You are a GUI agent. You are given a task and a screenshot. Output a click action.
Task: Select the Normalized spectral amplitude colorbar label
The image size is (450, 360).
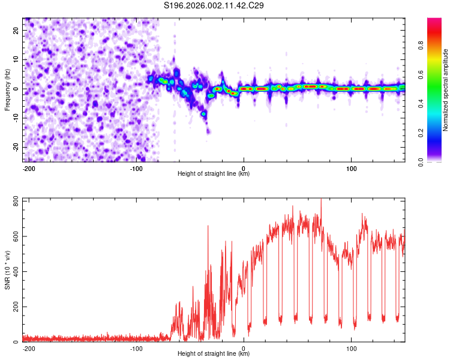[446, 90]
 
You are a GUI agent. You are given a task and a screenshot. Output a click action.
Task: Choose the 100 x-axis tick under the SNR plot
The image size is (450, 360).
[351, 348]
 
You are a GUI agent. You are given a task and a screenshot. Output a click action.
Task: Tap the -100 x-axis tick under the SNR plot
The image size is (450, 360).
[136, 348]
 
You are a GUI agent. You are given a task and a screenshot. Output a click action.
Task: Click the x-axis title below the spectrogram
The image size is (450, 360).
[213, 174]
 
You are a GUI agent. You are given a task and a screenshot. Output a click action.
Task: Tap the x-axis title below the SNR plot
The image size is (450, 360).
[213, 354]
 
